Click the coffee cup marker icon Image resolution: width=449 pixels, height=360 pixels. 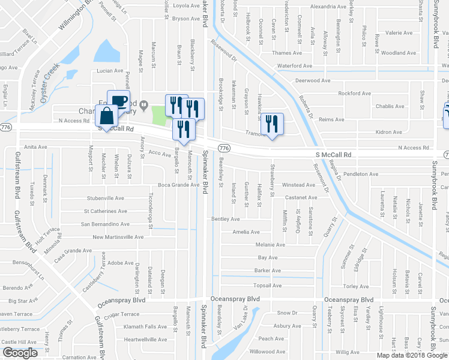tap(118, 100)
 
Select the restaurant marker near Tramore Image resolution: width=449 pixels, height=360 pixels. tap(273, 124)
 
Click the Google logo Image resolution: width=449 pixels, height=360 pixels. tap(20, 353)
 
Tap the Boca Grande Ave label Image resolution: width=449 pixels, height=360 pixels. tap(178, 185)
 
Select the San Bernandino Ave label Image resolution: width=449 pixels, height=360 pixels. tap(106, 224)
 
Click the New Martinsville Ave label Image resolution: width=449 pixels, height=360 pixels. tap(118, 237)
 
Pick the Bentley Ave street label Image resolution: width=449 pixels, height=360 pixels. tap(226, 219)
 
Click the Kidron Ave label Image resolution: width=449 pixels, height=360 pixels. tap(388, 132)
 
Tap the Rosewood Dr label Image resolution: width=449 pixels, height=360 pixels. tap(224, 52)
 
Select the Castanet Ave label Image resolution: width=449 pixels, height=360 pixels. tap(301, 197)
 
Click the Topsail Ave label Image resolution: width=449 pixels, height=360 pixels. tap(268, 285)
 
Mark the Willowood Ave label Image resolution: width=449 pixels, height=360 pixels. tap(267, 352)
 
